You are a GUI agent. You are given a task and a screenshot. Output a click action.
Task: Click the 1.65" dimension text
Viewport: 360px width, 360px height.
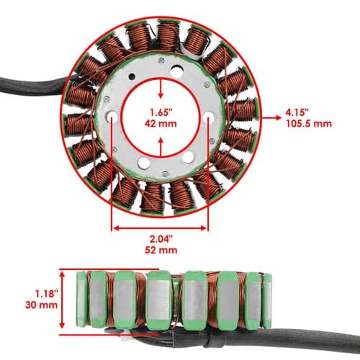(x=161, y=112)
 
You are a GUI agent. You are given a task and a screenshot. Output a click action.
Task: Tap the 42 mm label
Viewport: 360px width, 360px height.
(x=161, y=124)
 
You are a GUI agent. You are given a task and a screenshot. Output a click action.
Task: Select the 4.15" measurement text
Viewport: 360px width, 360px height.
(x=297, y=112)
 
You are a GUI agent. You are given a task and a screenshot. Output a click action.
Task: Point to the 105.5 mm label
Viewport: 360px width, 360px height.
(x=309, y=124)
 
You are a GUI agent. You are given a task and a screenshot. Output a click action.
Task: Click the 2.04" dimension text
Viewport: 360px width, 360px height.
(x=161, y=239)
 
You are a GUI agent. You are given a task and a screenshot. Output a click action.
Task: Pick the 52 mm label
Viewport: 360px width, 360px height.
(x=161, y=250)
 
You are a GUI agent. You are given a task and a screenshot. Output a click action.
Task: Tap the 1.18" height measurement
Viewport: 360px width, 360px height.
(x=47, y=294)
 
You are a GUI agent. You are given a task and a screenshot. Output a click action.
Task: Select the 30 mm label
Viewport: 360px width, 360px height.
(x=41, y=305)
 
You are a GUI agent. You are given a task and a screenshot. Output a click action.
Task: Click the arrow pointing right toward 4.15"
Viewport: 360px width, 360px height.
(x=271, y=117)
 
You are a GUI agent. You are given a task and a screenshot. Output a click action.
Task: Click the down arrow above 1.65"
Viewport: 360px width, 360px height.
(x=161, y=89)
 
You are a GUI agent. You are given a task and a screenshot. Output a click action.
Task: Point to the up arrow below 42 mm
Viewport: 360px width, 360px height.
(x=161, y=147)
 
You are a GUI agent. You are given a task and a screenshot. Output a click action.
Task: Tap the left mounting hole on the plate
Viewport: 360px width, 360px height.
(x=112, y=117)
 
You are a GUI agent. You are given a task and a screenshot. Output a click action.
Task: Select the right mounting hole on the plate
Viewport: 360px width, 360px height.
(x=209, y=117)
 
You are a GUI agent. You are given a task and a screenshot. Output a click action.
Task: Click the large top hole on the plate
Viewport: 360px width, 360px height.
(x=177, y=71)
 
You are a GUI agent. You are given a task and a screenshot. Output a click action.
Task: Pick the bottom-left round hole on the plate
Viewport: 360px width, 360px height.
(x=144, y=163)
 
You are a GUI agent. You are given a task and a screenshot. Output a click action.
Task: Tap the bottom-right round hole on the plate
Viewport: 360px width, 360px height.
(x=188, y=157)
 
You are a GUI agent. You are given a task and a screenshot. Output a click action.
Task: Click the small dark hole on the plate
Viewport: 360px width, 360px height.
(x=132, y=76)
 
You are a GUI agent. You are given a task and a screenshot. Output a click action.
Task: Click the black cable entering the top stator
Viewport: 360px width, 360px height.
(x=34, y=85)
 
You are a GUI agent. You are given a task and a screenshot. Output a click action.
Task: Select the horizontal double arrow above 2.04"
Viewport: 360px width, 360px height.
(x=160, y=228)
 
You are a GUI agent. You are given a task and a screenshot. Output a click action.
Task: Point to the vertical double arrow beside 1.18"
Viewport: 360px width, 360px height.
(x=62, y=300)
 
